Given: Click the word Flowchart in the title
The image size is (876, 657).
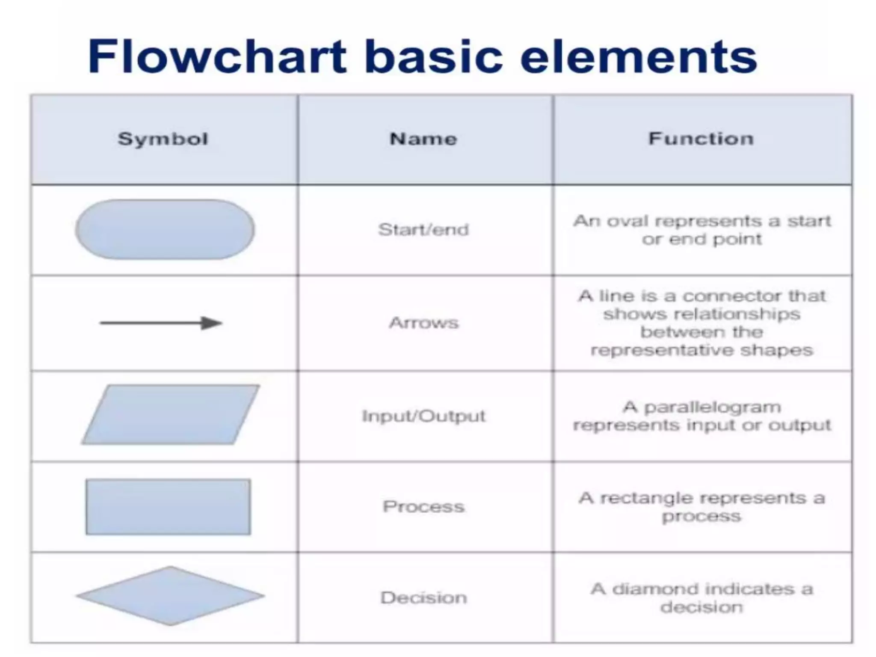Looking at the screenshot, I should [217, 57].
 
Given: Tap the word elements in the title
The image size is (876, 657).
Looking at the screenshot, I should [639, 57].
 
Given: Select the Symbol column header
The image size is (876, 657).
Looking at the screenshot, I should [163, 139].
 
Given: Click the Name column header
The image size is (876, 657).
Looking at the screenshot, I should [423, 139].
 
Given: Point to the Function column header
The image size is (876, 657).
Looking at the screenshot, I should [701, 139].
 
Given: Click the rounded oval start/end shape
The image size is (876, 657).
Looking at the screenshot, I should [165, 230].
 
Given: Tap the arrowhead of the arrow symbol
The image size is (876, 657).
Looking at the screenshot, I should [211, 323].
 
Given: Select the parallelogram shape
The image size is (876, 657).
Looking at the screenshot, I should [171, 414].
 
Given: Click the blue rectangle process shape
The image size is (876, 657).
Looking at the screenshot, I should [168, 507].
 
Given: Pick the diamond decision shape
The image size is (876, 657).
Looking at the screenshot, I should [170, 596].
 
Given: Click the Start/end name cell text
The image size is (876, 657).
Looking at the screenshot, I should [423, 230].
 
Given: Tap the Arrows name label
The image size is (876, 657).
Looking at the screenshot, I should [423, 323].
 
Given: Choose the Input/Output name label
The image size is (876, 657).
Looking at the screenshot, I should [423, 416].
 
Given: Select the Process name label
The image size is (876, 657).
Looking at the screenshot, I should [423, 506].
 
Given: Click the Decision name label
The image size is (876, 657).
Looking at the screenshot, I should [423, 598].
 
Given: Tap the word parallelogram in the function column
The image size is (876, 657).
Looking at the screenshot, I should [712, 408].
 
